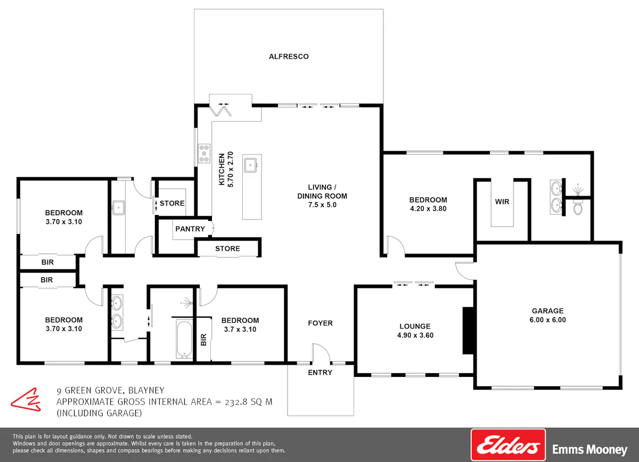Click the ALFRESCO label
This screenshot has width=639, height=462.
pyautogui.click(x=289, y=56)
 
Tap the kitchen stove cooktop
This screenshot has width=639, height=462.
pyautogui.click(x=204, y=153)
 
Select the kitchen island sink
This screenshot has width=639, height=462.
pyautogui.click(x=251, y=165)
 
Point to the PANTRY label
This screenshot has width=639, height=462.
pyautogui.click(x=190, y=229)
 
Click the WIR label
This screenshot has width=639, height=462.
pyautogui.click(x=502, y=202)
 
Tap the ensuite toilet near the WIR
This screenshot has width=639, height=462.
pyautogui.click(x=578, y=207)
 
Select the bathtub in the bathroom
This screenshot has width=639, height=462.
pyautogui.click(x=184, y=339)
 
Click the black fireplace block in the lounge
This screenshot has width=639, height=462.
pyautogui.click(x=468, y=331)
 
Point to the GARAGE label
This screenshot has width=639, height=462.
pyautogui.click(x=548, y=311)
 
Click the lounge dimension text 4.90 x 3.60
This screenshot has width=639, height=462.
pyautogui.click(x=415, y=335)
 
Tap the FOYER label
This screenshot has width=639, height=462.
pyautogui.click(x=321, y=323)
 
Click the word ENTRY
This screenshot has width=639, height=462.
pyautogui.click(x=320, y=373)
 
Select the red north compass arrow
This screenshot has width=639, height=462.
pyautogui.click(x=26, y=399)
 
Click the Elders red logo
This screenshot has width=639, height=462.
pyautogui.click(x=509, y=445)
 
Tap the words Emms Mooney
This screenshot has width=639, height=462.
pyautogui.click(x=589, y=449)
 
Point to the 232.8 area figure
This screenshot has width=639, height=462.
pyautogui.click(x=236, y=402)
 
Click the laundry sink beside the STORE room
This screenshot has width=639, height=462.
pyautogui.click(x=118, y=208)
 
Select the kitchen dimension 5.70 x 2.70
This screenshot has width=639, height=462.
pyautogui.click(x=230, y=169)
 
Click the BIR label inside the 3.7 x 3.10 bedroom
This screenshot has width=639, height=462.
pyautogui.click(x=203, y=340)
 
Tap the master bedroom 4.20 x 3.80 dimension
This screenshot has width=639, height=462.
pyautogui.click(x=428, y=209)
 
